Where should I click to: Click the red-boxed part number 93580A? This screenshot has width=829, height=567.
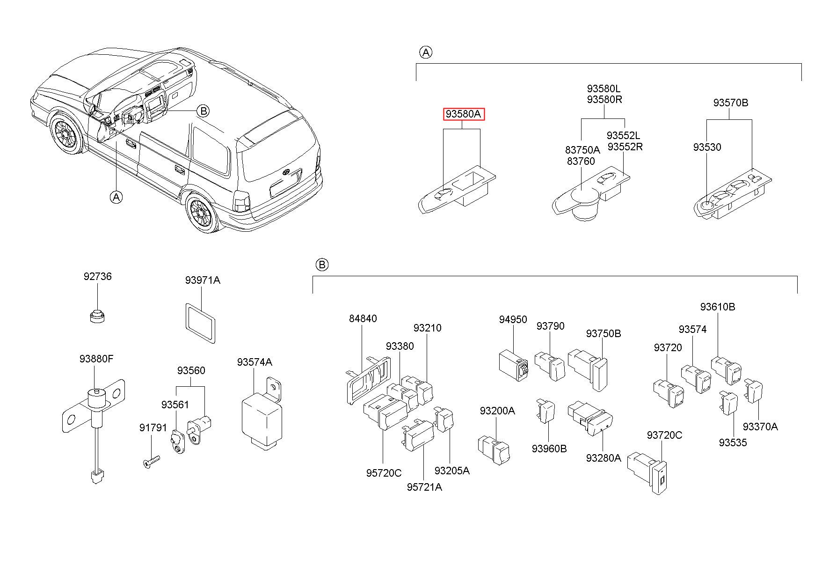[x=464, y=114]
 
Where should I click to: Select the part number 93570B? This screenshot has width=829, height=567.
[x=730, y=103]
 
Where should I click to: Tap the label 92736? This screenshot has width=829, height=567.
[x=98, y=277]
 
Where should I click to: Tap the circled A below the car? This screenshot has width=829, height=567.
[x=116, y=197]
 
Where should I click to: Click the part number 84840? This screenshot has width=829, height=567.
[x=363, y=319]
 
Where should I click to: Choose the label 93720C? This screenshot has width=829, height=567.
[x=664, y=435]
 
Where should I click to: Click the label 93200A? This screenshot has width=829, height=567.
[x=497, y=411]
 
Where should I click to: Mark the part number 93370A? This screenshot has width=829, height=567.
[x=760, y=427]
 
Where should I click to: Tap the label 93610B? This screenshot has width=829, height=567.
[x=718, y=307]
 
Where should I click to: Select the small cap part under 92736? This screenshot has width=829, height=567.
[x=97, y=316]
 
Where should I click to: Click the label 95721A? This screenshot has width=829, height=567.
[x=424, y=487]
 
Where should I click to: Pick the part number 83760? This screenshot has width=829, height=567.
[x=581, y=162]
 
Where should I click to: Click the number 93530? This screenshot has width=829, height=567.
[x=707, y=147]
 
